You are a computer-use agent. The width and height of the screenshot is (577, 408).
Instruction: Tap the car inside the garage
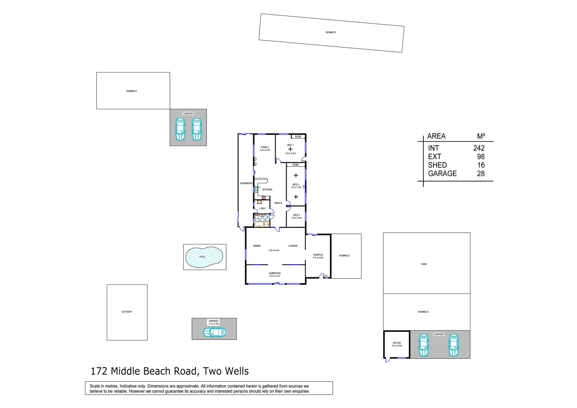(214, 332)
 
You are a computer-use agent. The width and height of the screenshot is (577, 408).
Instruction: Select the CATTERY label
(127, 312)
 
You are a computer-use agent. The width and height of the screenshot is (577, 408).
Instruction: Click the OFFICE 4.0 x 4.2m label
(397, 344)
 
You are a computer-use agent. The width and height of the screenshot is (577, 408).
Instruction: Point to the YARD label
(424, 264)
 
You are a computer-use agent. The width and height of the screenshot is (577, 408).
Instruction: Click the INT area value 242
(479, 148)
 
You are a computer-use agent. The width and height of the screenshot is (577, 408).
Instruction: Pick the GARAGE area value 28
(480, 173)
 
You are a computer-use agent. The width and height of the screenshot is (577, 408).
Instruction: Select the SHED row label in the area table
(437, 165)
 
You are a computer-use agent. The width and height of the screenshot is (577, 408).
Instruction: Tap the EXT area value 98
(480, 156)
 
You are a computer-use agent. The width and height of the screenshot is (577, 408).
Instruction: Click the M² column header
(481, 136)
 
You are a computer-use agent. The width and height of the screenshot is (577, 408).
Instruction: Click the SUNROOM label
(275, 273)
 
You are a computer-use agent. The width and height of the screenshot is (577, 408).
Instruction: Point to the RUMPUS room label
(318, 255)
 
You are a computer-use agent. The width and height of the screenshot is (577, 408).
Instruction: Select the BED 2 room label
(296, 215)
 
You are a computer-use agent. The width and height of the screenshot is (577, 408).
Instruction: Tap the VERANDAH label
(246, 183)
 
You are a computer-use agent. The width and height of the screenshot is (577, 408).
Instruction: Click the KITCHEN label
(267, 190)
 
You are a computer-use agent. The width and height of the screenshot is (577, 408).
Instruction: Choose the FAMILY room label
(265, 147)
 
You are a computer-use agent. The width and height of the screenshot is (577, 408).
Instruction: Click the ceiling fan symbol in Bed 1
(290, 149)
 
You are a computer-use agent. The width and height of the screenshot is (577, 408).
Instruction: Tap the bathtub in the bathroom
(259, 224)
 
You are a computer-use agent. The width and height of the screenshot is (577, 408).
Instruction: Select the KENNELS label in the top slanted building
(331, 32)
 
